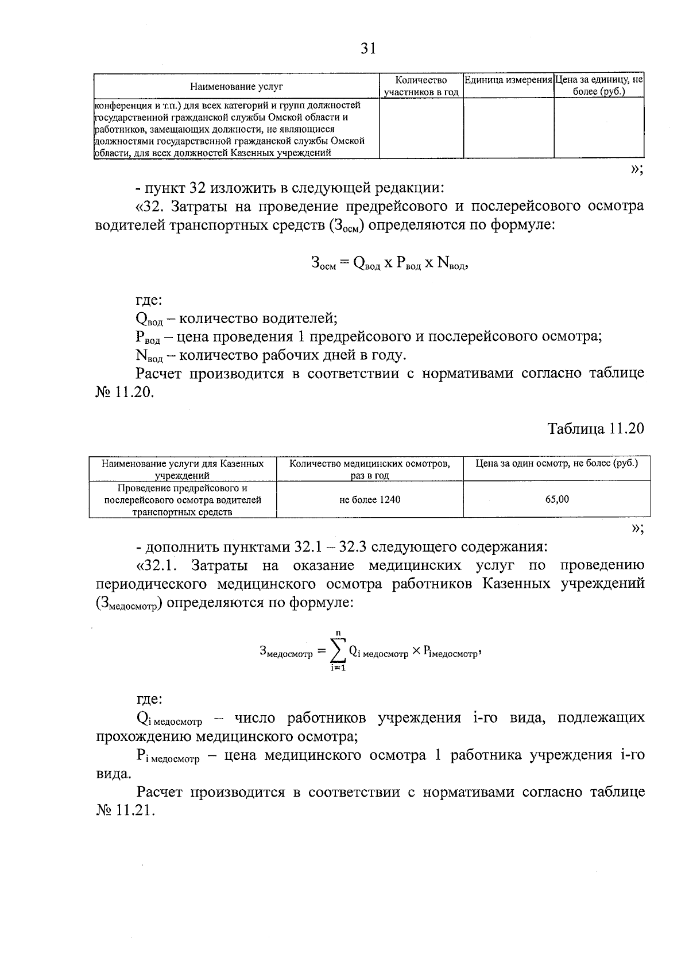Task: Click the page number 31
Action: coord(368,49)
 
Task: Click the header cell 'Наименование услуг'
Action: coord(237,87)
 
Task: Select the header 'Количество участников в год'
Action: coord(421,86)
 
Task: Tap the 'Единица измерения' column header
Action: coord(508,80)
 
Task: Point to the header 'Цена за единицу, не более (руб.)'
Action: coord(599,85)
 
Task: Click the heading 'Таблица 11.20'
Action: coord(595,429)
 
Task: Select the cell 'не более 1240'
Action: coord(370,499)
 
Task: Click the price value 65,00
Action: coord(557,499)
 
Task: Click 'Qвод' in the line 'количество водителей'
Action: coord(148,319)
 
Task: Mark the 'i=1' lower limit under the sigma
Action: coord(338,668)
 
